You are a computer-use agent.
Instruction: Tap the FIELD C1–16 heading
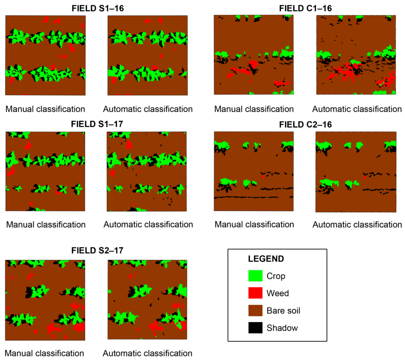305,8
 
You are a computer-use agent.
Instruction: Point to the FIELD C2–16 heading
305,124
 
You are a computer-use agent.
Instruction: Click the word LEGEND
266,259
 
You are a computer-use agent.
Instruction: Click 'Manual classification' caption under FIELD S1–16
45,109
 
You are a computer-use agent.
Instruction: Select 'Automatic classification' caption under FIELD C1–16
357,109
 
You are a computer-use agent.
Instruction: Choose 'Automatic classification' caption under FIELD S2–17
148,353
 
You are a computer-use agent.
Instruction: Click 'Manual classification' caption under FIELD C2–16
254,225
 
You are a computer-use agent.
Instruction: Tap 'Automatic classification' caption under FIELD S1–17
148,225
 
